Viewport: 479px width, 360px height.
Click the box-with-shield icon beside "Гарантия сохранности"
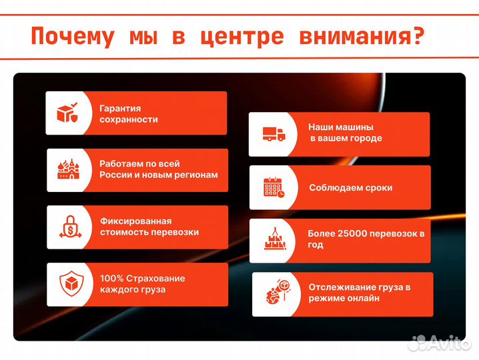tap(69, 113)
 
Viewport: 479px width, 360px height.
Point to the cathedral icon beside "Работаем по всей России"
tap(69, 170)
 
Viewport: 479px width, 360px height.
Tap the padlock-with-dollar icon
tap(69, 227)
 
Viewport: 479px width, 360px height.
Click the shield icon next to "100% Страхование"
tap(69, 284)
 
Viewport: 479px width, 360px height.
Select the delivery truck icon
tap(274, 134)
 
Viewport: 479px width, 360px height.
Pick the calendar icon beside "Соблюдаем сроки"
tap(274, 187)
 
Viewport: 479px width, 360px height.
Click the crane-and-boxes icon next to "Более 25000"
tap(274, 240)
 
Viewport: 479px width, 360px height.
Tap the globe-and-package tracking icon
tap(276, 294)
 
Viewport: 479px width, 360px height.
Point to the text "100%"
tap(111, 278)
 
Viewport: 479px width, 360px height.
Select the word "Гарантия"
tap(120, 108)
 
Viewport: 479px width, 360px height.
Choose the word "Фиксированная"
tap(135, 221)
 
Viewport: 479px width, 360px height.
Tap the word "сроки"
tap(378, 188)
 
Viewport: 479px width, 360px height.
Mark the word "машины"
tap(359, 127)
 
